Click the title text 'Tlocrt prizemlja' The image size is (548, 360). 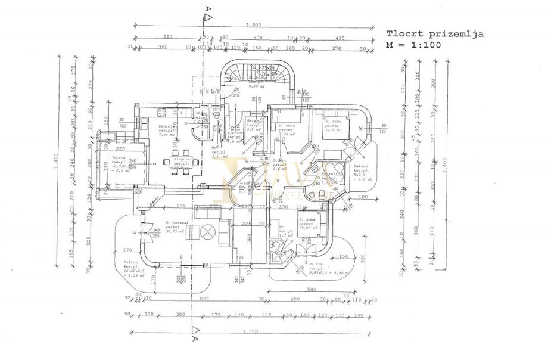[435, 34]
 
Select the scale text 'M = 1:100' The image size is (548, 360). [412, 44]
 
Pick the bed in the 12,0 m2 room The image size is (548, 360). [334, 126]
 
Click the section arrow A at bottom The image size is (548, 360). [194, 331]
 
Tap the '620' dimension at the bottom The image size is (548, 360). [205, 298]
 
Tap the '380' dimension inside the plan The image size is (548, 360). [233, 235]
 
